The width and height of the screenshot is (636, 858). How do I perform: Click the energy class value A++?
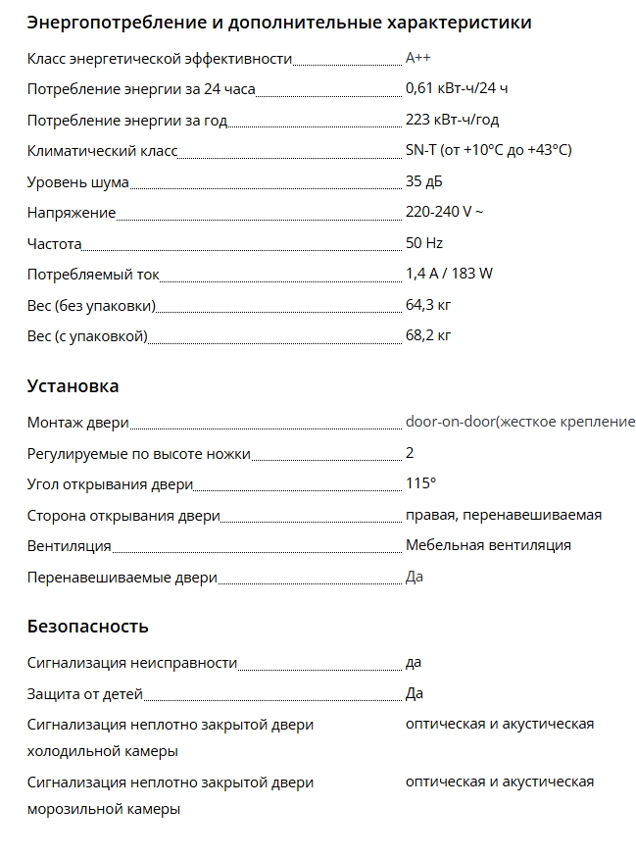tap(418, 59)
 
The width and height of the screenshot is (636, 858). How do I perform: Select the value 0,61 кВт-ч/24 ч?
tap(456, 89)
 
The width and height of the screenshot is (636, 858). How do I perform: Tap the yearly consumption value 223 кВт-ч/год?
tap(452, 120)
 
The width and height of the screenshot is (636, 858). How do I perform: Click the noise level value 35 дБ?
tap(424, 181)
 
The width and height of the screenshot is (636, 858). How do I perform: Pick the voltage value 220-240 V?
tap(444, 212)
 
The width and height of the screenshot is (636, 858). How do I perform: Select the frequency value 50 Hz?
tap(424, 243)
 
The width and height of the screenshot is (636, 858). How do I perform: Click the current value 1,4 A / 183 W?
tap(449, 274)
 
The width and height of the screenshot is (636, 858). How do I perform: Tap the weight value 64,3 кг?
tap(428, 305)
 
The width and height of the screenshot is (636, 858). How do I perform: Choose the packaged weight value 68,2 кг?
tap(428, 335)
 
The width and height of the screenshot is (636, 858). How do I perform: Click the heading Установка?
tap(73, 385)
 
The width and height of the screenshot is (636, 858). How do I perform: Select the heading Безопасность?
tap(87, 626)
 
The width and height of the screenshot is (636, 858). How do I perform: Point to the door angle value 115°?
tap(420, 483)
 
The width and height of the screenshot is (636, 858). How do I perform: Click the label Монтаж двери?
tap(77, 423)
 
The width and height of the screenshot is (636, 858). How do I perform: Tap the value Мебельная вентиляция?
tap(488, 545)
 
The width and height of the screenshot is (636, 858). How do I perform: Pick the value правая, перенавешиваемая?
tap(504, 515)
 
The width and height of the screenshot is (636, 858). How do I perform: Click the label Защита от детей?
tap(85, 694)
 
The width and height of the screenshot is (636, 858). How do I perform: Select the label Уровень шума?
tap(77, 181)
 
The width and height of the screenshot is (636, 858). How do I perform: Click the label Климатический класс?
tap(102, 151)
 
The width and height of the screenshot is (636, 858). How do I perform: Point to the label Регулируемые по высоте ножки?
tap(138, 453)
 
